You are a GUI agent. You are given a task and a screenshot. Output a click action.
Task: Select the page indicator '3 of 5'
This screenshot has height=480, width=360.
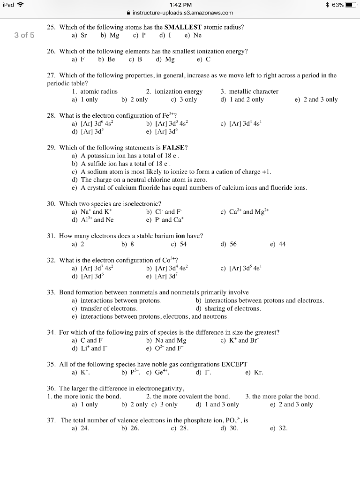24,35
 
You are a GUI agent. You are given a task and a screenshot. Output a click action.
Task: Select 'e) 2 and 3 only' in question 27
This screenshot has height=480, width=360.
316,99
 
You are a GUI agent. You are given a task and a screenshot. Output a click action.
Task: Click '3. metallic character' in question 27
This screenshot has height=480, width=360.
249,91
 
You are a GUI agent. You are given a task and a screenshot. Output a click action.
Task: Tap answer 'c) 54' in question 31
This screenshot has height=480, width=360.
179,244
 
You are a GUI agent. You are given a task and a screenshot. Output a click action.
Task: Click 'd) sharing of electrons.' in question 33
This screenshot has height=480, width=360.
228,308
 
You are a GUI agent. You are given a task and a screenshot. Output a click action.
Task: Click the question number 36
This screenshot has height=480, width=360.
52,389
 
